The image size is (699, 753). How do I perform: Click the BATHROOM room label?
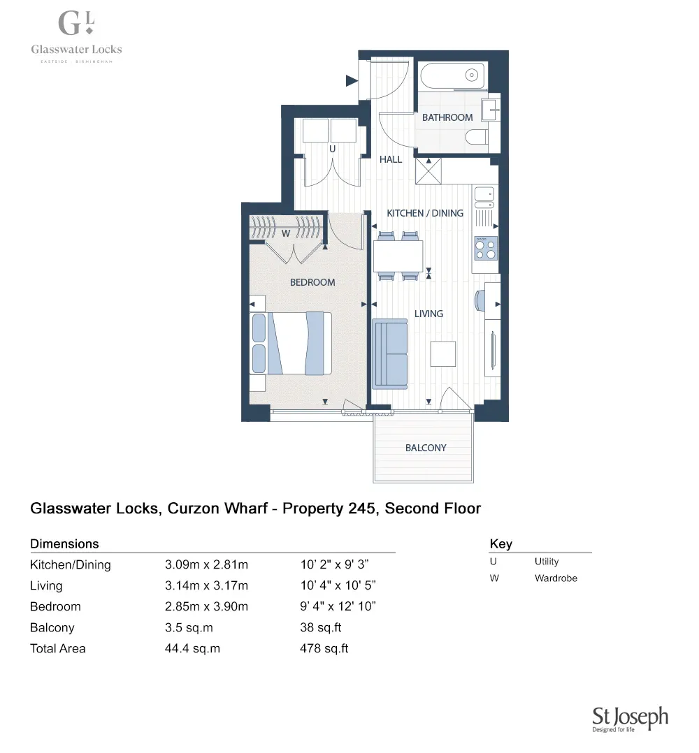click(447, 117)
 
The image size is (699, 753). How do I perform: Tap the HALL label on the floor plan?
click(391, 159)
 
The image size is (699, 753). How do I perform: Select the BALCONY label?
click(426, 448)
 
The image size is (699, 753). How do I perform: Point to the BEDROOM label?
click(312, 282)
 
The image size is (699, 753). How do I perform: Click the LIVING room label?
click(428, 314)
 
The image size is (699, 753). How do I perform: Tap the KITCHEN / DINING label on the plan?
click(425, 212)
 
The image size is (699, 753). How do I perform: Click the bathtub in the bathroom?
click(452, 75)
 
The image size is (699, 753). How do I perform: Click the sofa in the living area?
click(389, 353)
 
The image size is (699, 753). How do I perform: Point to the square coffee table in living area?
click(442, 353)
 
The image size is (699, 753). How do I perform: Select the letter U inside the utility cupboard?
click(332, 149)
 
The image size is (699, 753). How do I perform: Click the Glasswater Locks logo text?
click(76, 49)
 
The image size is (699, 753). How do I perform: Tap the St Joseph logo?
click(630, 719)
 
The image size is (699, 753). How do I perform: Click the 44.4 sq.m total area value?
click(192, 648)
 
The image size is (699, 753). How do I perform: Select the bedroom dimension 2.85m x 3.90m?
click(206, 606)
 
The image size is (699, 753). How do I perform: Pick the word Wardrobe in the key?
click(556, 578)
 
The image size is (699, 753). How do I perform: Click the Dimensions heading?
click(64, 543)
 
